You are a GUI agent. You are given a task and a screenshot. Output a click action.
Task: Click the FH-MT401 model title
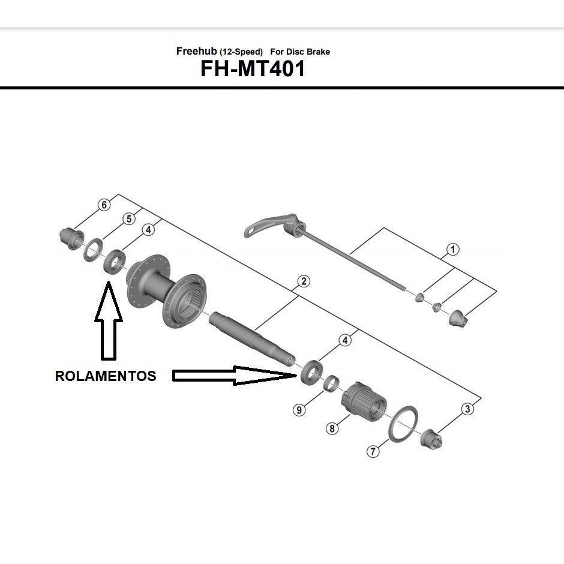(253, 69)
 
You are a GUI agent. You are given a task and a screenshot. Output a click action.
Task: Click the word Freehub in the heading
(192, 52)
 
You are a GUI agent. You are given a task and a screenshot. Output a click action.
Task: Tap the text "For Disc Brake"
(304, 52)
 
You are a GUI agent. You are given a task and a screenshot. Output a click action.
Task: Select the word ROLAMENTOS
(106, 376)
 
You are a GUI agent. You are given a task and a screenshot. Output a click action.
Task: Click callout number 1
(452, 249)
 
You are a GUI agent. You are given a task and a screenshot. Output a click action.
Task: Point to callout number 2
(303, 281)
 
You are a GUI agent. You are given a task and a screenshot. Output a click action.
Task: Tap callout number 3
(468, 409)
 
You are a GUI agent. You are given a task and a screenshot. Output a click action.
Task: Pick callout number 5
(128, 219)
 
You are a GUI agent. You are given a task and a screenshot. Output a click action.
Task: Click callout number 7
(374, 451)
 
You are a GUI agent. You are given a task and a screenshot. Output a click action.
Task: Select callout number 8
(331, 428)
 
